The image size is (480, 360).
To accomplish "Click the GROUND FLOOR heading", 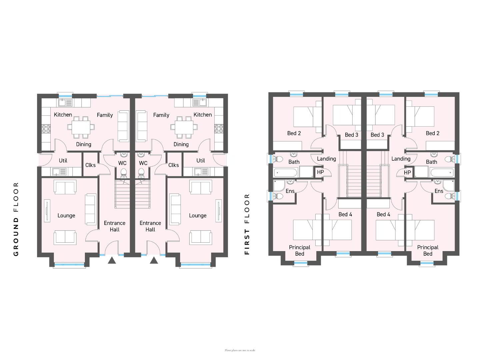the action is tap(16, 219).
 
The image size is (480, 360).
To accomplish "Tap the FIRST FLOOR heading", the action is tap(247, 224).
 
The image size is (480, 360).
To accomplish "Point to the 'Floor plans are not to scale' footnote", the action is tap(240, 350).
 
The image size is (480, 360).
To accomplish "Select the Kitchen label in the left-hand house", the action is tap(63, 115).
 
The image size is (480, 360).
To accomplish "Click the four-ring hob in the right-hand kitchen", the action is tap(219, 129).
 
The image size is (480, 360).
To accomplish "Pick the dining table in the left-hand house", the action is tap(81, 127).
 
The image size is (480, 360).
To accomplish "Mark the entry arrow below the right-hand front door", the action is tap(154, 260).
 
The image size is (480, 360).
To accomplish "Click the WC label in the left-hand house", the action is tap(122, 163).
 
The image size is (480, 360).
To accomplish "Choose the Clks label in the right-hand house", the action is tap(173, 165).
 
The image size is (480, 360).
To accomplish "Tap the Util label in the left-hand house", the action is tap(63, 161).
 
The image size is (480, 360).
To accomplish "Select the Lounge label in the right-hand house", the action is tap(198, 216).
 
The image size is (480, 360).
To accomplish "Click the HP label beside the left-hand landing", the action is tap(320, 172).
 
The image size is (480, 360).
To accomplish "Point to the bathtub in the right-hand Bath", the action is tap(441, 173).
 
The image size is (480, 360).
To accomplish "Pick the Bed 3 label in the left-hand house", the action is tap(351, 135).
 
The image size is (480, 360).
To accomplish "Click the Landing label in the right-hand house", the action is tap(401, 159).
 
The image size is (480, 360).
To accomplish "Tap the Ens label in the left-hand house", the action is tap(290, 191).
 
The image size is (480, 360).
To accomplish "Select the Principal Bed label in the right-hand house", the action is tap(428, 250).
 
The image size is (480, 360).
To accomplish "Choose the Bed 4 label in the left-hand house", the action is tap(345, 214).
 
